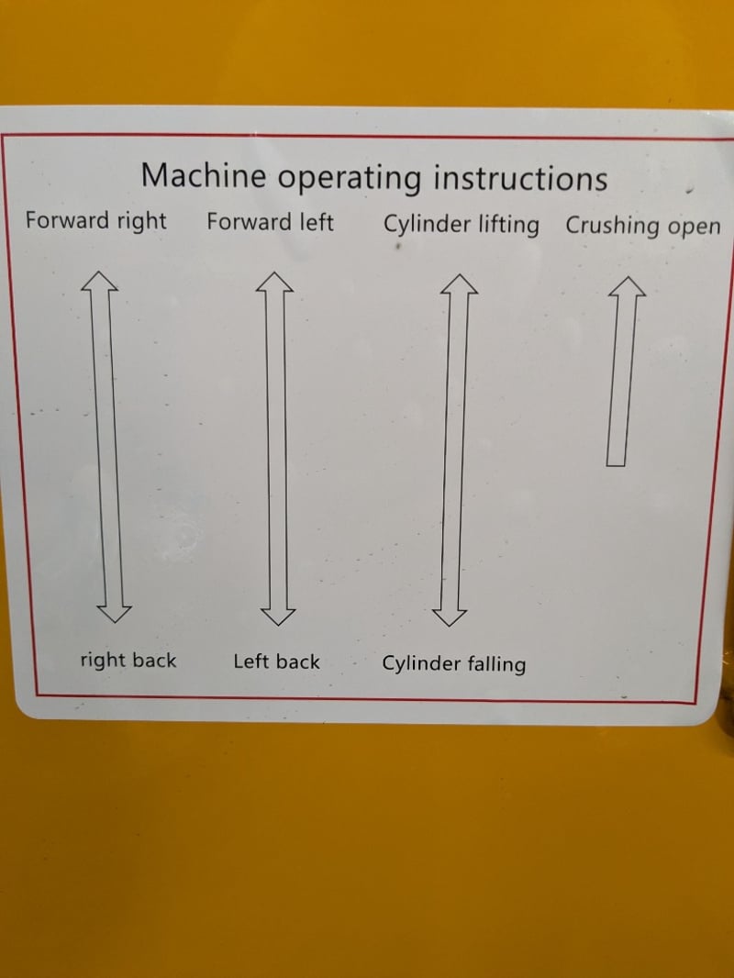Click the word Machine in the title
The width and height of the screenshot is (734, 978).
204,174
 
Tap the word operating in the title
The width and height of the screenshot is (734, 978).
350,179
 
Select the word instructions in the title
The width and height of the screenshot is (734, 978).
520,178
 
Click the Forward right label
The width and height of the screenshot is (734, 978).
96,221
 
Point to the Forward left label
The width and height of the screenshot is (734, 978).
270,222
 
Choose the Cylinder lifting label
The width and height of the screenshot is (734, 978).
461,225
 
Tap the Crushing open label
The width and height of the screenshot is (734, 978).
643,226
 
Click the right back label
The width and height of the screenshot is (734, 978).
128,660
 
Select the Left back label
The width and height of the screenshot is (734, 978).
276,661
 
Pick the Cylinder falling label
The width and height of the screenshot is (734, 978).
454,663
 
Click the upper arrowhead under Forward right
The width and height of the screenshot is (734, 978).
99,280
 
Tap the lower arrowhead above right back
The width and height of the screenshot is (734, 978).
115,614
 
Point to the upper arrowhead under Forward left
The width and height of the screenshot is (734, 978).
274,282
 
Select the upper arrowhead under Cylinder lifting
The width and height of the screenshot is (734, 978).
459,283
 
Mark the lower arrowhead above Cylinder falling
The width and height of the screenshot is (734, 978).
449,617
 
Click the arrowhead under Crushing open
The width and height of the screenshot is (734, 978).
627,286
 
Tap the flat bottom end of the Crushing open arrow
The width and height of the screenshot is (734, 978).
617,464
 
